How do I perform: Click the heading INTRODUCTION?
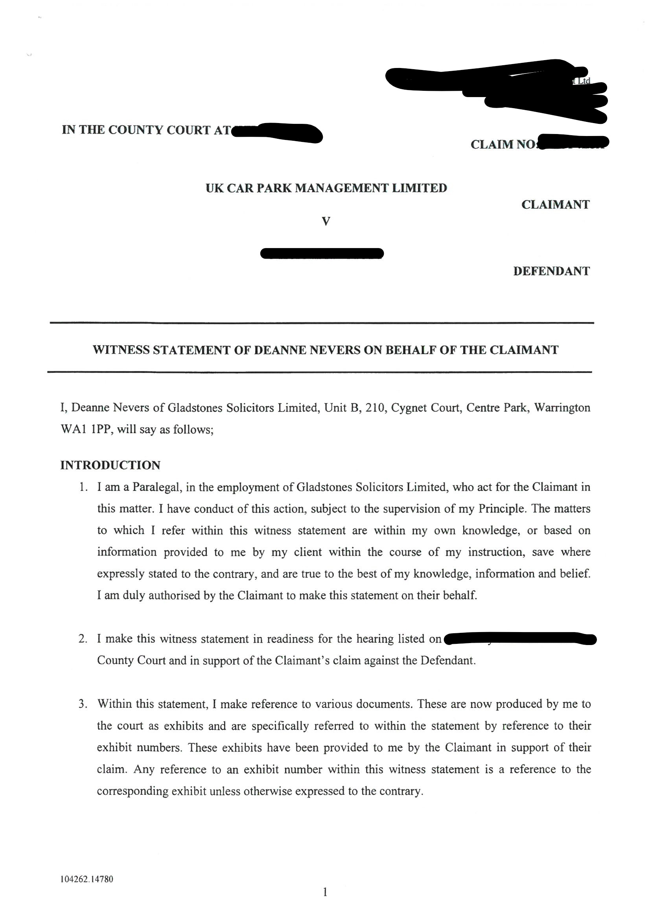point(110,465)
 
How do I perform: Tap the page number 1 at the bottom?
point(325,892)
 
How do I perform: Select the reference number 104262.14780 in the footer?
point(87,879)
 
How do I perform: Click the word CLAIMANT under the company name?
point(555,204)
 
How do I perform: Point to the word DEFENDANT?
point(551,271)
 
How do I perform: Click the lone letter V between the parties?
point(326,221)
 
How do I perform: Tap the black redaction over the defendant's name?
point(322,254)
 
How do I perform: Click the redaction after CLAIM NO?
point(573,142)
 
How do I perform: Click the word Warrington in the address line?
point(562,408)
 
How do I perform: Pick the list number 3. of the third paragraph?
point(83,704)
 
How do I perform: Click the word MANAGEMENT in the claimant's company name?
point(341,188)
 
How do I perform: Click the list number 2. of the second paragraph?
point(83,639)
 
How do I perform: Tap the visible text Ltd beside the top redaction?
point(583,81)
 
